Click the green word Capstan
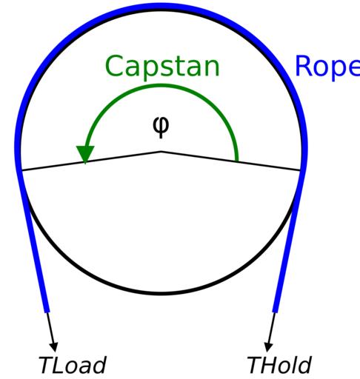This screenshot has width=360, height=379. (x=162, y=67)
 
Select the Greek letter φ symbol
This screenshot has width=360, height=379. (x=161, y=127)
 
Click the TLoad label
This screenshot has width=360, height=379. (x=73, y=365)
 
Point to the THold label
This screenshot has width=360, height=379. (x=279, y=365)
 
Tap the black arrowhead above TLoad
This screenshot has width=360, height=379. (x=54, y=347)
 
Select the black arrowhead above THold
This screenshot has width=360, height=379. (x=268, y=347)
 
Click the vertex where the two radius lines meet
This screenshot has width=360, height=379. (x=161, y=152)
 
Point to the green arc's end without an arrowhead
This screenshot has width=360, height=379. (x=237, y=161)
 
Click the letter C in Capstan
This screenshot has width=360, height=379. (x=115, y=66)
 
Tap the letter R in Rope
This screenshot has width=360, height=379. (x=304, y=66)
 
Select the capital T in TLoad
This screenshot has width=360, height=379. (x=47, y=365)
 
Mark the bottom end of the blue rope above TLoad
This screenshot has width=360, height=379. (x=47, y=312)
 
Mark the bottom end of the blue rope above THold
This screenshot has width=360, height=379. (x=275, y=312)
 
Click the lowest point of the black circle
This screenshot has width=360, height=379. (x=161, y=292)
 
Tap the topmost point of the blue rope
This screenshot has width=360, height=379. (x=161, y=5)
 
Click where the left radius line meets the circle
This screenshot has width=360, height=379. (x=21, y=170)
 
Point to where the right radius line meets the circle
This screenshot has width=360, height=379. (x=301, y=170)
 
